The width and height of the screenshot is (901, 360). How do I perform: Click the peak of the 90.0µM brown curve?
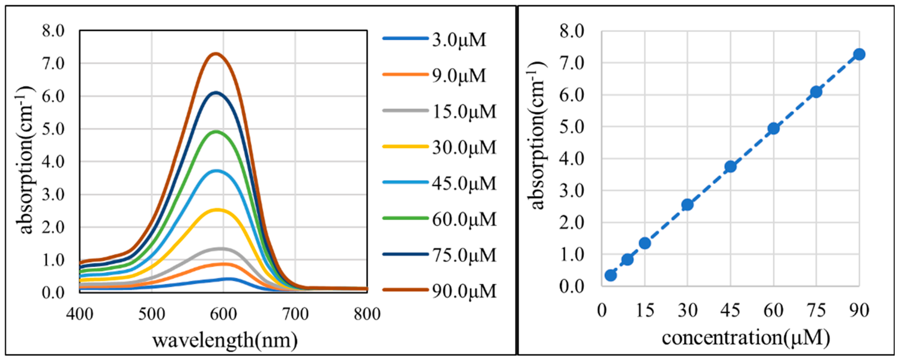click(216, 54)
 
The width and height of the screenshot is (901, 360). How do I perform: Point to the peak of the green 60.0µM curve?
click(216, 132)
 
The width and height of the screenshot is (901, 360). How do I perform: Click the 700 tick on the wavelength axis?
click(295, 314)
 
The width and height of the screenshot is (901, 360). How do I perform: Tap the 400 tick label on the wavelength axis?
click(80, 314)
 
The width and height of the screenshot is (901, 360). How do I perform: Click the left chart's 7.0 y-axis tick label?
click(53, 63)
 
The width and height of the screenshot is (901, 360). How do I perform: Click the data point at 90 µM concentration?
click(859, 54)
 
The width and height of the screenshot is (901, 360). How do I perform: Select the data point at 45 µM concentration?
click(730, 167)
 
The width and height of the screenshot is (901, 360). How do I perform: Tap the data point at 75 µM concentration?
click(816, 92)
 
